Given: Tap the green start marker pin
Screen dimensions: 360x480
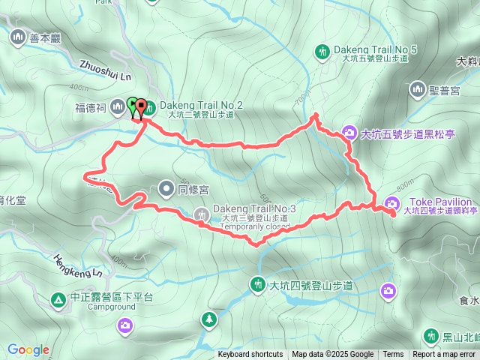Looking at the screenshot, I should pyautogui.click(x=133, y=106).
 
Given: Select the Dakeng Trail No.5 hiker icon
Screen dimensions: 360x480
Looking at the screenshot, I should pyautogui.click(x=322, y=52).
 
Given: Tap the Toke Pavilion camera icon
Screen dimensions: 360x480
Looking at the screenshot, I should pyautogui.click(x=391, y=202).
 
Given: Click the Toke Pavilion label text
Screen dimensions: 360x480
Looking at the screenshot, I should pyautogui.click(x=441, y=202).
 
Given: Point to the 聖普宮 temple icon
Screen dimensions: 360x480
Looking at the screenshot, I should pyautogui.click(x=417, y=91).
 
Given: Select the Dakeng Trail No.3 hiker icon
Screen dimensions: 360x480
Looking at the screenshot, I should pyautogui.click(x=202, y=214).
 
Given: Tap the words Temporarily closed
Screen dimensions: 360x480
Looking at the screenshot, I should pyautogui.click(x=255, y=226).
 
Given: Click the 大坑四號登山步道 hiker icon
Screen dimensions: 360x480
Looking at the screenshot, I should pyautogui.click(x=257, y=284).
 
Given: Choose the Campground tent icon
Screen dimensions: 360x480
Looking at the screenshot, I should pyautogui.click(x=58, y=300).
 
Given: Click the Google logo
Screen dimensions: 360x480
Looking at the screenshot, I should pyautogui.click(x=28, y=349).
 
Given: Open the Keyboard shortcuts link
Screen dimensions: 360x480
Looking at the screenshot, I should pyautogui.click(x=250, y=355).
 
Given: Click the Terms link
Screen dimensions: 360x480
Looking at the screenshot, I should pyautogui.click(x=393, y=355).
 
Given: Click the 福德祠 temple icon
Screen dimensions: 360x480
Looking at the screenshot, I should pyautogui.click(x=117, y=108).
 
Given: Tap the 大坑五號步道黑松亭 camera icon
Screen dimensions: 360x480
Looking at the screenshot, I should pyautogui.click(x=349, y=134).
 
